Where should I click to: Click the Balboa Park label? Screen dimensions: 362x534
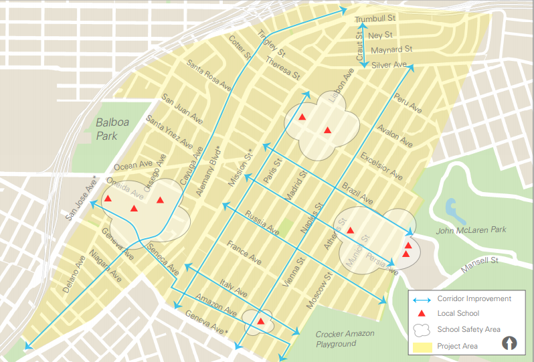coord(107,128)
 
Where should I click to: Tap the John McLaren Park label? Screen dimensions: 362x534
coord(471,230)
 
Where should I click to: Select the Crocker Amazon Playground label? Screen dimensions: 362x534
coord(345,339)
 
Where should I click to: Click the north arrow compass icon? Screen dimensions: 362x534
coord(510,344)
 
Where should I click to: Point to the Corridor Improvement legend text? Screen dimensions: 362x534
coord(474,298)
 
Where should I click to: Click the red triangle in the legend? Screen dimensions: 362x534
coord(422,313)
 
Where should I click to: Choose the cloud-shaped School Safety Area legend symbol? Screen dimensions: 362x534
coord(422,329)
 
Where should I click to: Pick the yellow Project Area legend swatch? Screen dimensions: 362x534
coord(422,346)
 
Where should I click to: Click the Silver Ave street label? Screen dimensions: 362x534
coord(389,65)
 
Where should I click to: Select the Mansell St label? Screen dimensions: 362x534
coord(481,260)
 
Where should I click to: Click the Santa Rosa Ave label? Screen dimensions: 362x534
coord(209,76)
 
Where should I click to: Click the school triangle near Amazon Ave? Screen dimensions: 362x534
coord(260,322)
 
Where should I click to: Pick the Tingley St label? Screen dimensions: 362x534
coord(271,44)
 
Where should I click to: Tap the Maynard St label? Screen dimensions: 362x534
coord(391,50)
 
